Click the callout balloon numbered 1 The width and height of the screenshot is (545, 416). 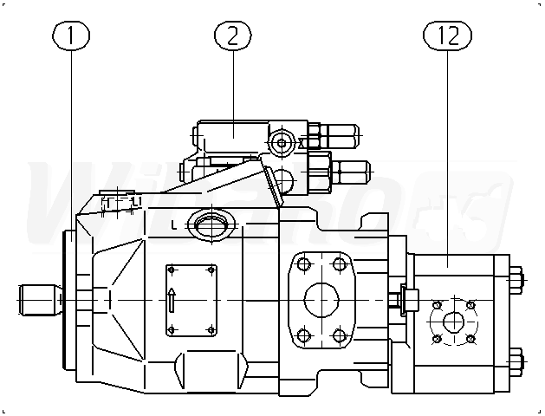pyautogui.click(x=72, y=36)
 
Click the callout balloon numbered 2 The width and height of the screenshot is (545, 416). pyautogui.click(x=232, y=36)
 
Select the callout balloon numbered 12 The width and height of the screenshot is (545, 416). pyautogui.click(x=447, y=36)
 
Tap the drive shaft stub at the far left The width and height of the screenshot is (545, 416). pyautogui.click(x=40, y=300)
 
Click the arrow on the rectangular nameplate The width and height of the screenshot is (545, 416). pyautogui.click(x=172, y=300)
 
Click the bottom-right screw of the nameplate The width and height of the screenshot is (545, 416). pyautogui.click(x=211, y=329)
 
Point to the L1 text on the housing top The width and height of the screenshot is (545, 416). pyautogui.click(x=135, y=202)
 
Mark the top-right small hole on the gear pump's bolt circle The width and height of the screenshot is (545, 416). pyautogui.click(x=470, y=305)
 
